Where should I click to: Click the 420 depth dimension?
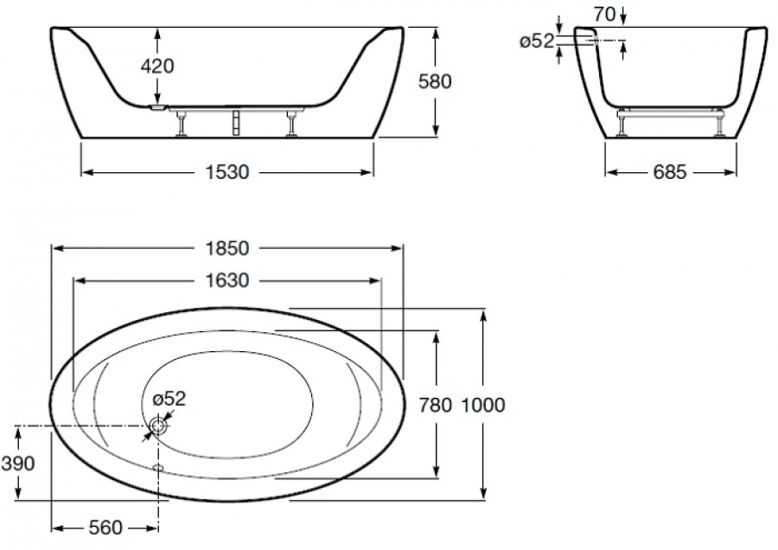click(x=157, y=66)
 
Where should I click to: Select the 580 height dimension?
click(x=435, y=81)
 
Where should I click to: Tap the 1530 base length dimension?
click(x=227, y=172)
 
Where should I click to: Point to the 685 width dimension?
click(x=670, y=172)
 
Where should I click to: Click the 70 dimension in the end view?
click(x=605, y=15)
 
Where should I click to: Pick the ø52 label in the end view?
click(x=537, y=42)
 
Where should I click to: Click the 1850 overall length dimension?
click(x=227, y=248)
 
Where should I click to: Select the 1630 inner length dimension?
click(x=227, y=281)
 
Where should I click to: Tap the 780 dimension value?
click(x=436, y=405)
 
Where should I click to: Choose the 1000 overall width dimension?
click(x=483, y=405)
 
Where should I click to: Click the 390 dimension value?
click(x=18, y=464)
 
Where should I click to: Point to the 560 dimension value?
click(x=105, y=528)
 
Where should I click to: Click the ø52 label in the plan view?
click(x=169, y=398)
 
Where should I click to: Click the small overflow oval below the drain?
click(x=159, y=467)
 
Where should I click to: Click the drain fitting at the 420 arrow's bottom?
click(x=157, y=106)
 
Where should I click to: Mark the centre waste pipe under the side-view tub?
click(x=236, y=122)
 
